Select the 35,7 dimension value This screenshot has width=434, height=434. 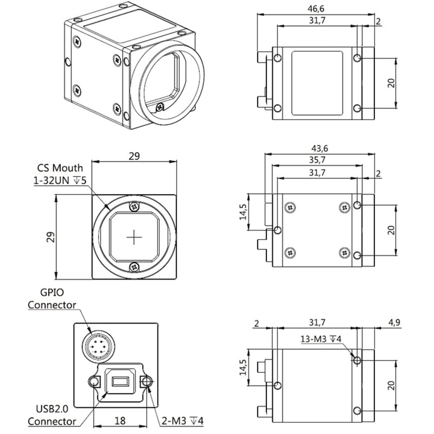point(318,160)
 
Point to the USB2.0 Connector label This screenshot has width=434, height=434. point(52,415)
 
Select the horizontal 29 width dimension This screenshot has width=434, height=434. point(135,155)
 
